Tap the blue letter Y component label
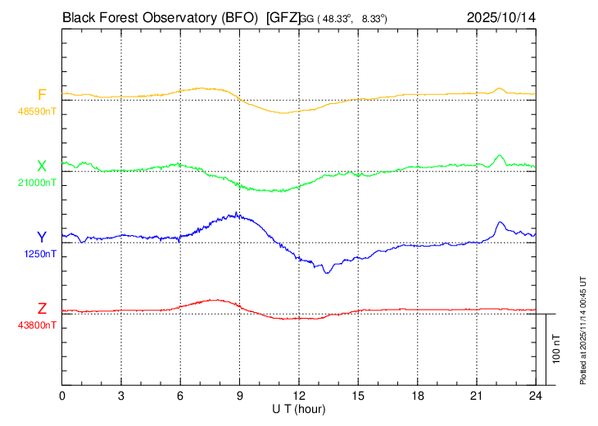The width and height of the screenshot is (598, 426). pos(42,238)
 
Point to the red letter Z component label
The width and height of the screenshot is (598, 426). pos(42,309)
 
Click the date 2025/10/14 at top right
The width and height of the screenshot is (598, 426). pos(501,16)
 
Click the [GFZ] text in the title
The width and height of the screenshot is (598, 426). pos(284,16)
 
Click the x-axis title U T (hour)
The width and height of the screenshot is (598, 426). pos(299,409)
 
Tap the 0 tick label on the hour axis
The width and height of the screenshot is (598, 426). pos(62,395)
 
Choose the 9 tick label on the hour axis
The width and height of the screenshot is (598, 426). pos(240,395)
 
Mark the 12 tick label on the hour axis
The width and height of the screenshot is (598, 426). pos(299,395)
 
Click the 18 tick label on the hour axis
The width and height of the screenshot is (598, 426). pos(417,395)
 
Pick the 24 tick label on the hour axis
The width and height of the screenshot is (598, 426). pos(536,395)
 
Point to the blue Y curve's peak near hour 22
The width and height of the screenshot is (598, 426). pos(498,222)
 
